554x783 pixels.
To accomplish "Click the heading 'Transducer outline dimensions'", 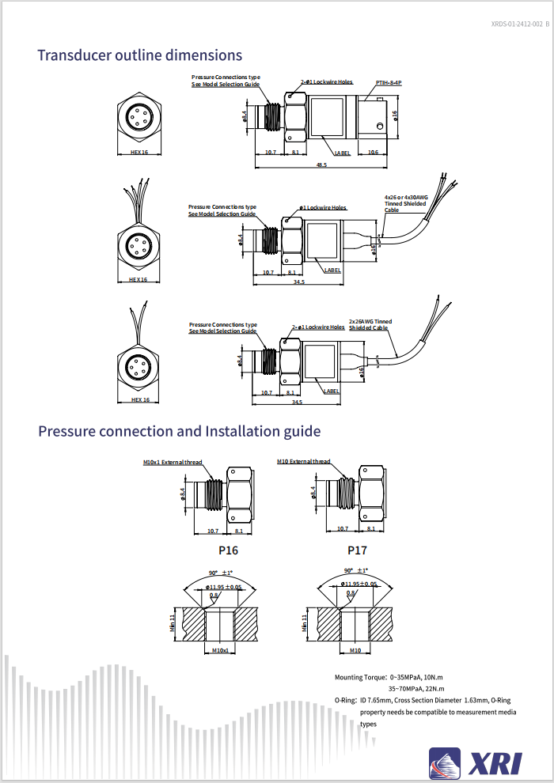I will tap(139, 55).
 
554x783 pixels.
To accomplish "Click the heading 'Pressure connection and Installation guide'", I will tap(180, 431).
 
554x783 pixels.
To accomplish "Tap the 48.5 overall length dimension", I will tap(321, 165).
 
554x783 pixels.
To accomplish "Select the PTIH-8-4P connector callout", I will tap(389, 81).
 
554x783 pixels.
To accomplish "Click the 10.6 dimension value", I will tap(373, 152).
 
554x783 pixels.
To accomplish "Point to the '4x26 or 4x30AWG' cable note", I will tap(406, 197).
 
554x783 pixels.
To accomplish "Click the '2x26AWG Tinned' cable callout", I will tap(370, 322).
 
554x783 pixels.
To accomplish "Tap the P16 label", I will tap(228, 550).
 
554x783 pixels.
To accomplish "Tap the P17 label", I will tap(357, 550).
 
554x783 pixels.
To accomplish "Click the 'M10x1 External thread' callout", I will tap(173, 462).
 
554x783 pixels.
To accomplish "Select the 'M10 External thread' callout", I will tap(304, 462).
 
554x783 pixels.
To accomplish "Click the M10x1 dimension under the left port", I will tap(221, 650).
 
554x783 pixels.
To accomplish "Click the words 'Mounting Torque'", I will tap(359, 678).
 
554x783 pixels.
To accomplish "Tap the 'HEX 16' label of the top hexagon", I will tap(139, 152).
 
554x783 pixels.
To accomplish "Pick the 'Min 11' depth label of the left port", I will tap(173, 625).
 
